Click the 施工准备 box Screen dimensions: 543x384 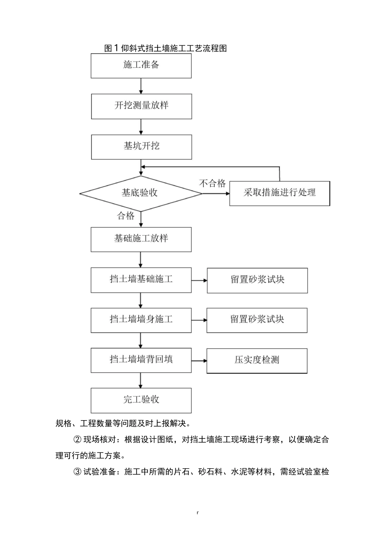click(141, 65)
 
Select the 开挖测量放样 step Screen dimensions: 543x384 click(141, 106)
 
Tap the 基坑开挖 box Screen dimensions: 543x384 click(141, 147)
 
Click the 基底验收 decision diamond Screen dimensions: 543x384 click(140, 194)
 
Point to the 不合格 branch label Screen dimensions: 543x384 click(212, 184)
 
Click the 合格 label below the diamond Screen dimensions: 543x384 click(126, 216)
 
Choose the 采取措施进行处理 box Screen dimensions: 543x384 click(279, 193)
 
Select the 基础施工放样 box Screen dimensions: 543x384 click(141, 239)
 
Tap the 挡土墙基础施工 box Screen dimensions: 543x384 click(141, 280)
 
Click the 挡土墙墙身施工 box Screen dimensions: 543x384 click(141, 320)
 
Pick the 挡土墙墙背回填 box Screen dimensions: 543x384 click(141, 360)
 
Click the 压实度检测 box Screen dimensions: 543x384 click(257, 360)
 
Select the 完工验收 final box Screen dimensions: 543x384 click(141, 400)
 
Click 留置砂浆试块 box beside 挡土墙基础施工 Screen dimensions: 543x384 click(257, 280)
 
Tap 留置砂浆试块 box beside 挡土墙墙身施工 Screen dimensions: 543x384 click(257, 320)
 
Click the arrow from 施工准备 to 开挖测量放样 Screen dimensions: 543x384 click(141, 86)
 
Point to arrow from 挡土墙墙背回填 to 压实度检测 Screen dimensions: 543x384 click(199, 360)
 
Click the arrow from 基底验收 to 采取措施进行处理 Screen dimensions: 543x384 click(216, 194)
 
